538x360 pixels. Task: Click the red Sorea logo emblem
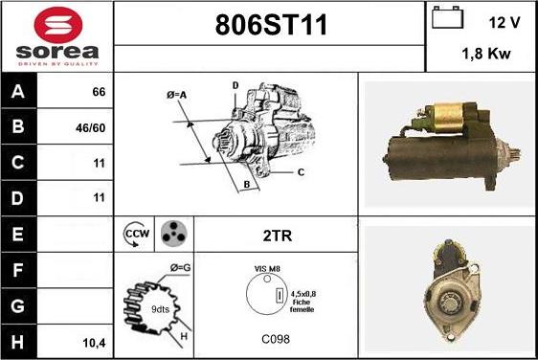(58, 26)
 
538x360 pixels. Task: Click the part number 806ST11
(271, 25)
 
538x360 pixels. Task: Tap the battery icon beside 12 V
(447, 17)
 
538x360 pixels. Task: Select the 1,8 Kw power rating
(486, 54)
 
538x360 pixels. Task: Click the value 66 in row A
(99, 92)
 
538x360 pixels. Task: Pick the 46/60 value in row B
(91, 128)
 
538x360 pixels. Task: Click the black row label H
(17, 342)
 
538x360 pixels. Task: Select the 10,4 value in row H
(94, 343)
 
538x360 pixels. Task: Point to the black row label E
(17, 234)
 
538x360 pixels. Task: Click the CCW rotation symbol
(136, 234)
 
